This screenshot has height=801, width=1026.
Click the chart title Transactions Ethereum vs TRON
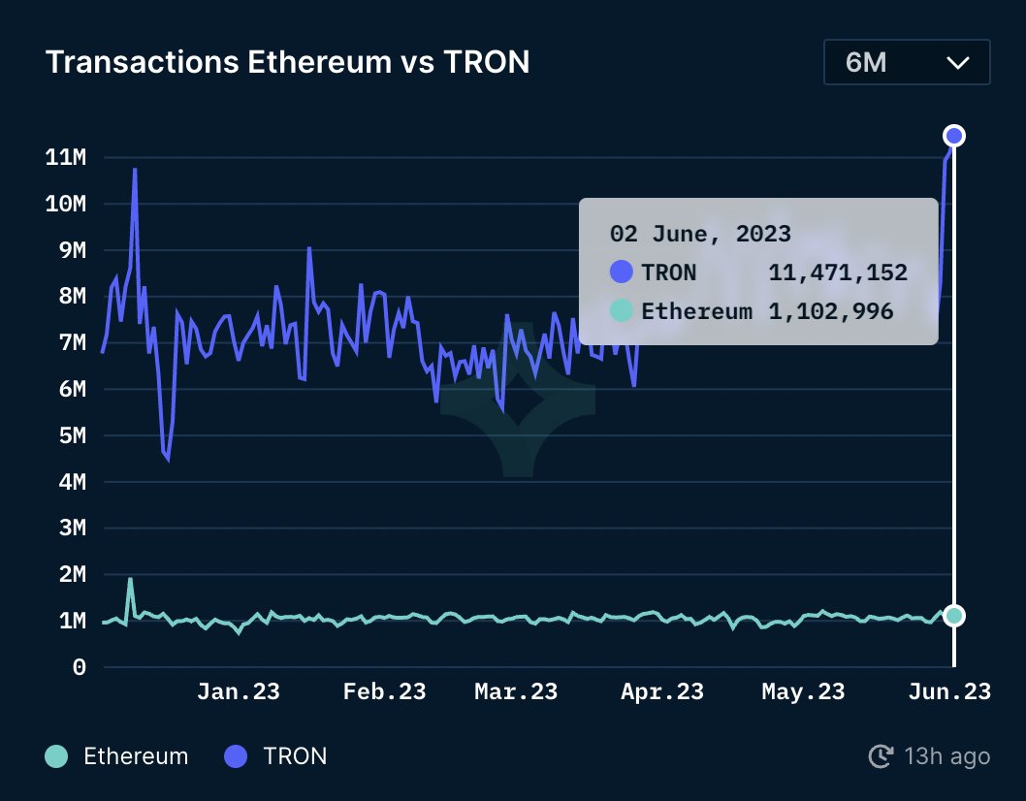(x=287, y=62)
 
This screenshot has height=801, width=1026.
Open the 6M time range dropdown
(x=906, y=63)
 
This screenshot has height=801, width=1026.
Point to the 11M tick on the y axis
(x=66, y=157)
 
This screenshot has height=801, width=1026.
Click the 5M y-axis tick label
(x=66, y=435)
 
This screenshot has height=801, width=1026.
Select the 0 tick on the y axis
(x=80, y=667)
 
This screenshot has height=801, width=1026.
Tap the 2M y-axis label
(x=66, y=575)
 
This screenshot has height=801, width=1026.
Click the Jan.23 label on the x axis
(x=238, y=691)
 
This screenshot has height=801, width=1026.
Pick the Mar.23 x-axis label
(x=515, y=691)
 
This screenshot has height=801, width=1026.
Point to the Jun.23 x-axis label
(x=948, y=691)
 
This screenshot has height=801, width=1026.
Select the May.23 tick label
(x=803, y=691)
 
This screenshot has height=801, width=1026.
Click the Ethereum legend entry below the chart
(x=117, y=756)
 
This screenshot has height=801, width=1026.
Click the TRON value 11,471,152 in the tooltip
(x=838, y=272)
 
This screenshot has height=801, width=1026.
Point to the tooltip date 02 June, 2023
(x=700, y=234)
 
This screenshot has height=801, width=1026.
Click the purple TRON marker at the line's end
(x=954, y=136)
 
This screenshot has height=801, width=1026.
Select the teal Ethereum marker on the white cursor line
(x=954, y=615)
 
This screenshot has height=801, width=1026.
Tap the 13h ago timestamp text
(x=946, y=756)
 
